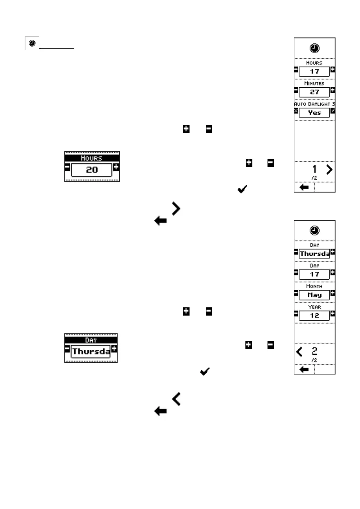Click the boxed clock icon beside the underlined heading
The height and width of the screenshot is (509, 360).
pos(32,43)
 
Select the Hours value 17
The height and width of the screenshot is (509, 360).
pos(314,72)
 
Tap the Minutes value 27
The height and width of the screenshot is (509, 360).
pos(314,92)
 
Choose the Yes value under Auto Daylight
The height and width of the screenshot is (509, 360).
pos(314,113)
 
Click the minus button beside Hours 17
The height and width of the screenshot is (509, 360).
pos(296,70)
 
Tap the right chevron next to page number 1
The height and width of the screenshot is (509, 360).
pos(329,170)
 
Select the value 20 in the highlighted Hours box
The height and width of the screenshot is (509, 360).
pos(92,170)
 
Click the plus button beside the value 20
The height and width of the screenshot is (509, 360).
pos(116,167)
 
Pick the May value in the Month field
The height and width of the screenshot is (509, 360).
pos(314,295)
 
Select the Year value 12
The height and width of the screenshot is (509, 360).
pos(314,316)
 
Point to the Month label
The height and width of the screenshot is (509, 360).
pos(314,286)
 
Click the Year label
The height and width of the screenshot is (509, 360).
pos(314,307)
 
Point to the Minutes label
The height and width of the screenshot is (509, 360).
pos(314,83)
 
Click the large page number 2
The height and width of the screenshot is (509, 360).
pos(314,351)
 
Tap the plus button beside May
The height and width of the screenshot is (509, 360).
pos(332,293)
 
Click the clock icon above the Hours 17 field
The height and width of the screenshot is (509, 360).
pos(314,48)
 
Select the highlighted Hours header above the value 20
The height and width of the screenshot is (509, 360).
pos(92,158)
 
